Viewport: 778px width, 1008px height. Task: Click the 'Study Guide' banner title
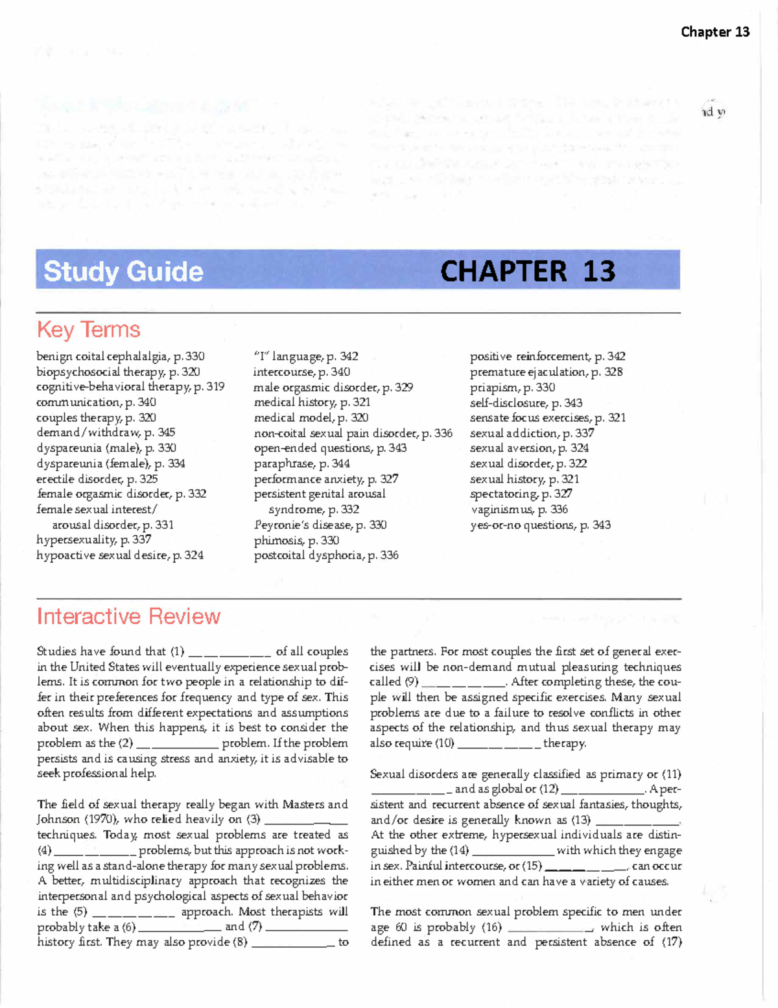tap(123, 271)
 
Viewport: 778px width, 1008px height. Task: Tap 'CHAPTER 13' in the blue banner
tap(528, 271)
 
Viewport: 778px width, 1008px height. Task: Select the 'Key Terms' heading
tap(89, 330)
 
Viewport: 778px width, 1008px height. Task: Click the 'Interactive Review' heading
tap(128, 616)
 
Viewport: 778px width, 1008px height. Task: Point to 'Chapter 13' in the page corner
tap(714, 32)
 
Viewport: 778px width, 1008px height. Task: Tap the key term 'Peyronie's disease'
tap(320, 525)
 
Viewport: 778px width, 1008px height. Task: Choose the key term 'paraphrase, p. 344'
tap(301, 463)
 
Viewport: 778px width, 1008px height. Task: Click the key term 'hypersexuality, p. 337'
tap(94, 539)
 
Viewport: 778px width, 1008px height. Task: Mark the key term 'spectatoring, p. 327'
tap(521, 494)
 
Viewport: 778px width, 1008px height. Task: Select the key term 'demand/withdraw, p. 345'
tap(106, 432)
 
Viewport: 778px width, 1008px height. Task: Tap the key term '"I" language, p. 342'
tap(305, 356)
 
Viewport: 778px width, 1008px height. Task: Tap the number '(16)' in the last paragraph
tap(491, 928)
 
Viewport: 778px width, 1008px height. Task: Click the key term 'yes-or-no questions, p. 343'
tap(540, 525)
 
